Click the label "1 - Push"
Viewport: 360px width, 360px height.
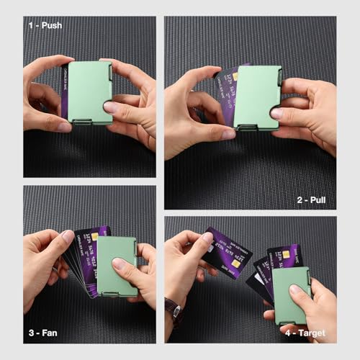tap(45, 25)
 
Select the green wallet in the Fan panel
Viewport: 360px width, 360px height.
tap(117, 263)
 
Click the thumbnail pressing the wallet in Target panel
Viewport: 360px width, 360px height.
tap(296, 290)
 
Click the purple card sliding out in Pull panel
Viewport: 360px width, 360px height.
tap(229, 97)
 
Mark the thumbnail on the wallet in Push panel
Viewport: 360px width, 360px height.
tap(110, 107)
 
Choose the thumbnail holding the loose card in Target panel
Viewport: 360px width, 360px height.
tap(207, 238)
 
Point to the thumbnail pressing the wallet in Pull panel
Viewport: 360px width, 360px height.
tap(277, 112)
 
